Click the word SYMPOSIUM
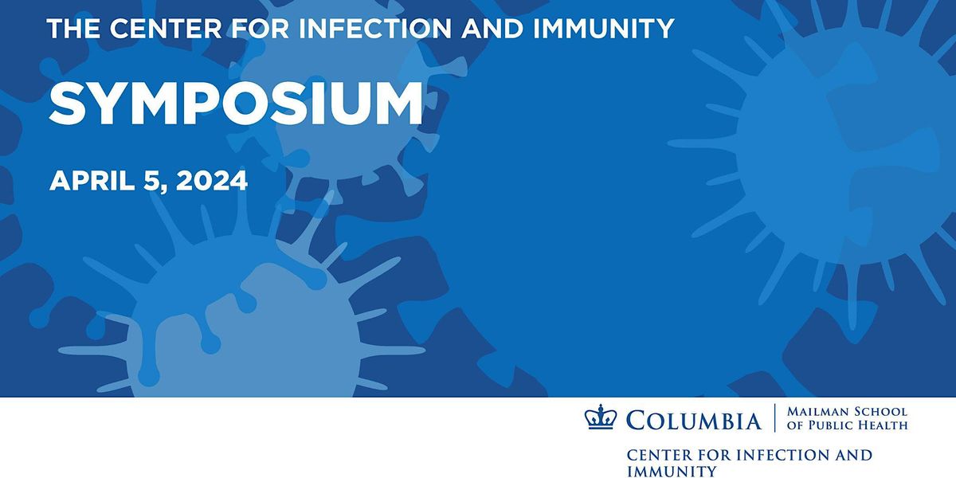tap(236, 104)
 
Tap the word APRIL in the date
tap(92, 181)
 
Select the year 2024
tap(212, 181)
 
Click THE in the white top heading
tap(73, 29)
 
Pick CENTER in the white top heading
tap(166, 29)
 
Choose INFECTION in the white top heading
tap(375, 29)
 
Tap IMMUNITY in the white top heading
tap(604, 29)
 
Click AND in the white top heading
tap(492, 29)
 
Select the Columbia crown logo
tap(601, 417)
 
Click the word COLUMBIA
tap(694, 421)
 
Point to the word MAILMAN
tap(816, 412)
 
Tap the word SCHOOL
tap(878, 412)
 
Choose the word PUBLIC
tap(831, 425)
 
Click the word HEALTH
tap(884, 425)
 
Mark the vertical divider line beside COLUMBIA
tap(774, 417)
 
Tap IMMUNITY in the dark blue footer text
tap(672, 471)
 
